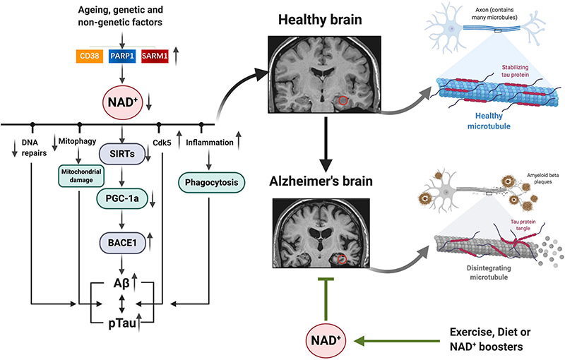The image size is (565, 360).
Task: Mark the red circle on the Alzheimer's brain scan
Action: pyautogui.click(x=342, y=260)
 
